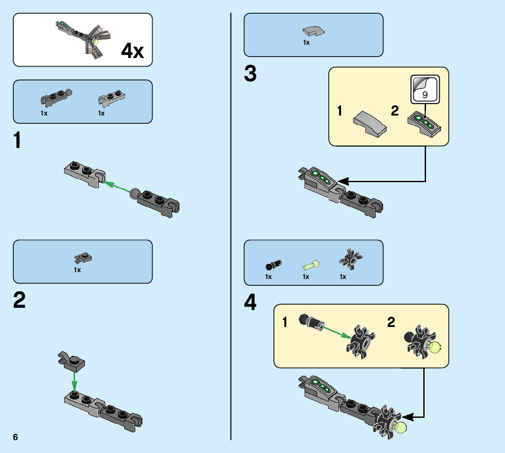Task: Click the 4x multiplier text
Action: tap(132, 51)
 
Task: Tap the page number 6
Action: tap(16, 437)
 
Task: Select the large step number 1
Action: tap(17, 141)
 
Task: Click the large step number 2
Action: tap(19, 300)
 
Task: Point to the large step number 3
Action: tap(250, 74)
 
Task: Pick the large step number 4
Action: tap(251, 303)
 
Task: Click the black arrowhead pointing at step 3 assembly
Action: tap(342, 180)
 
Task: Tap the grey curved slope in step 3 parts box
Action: tap(313, 31)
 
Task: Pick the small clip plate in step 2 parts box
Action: tap(84, 259)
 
